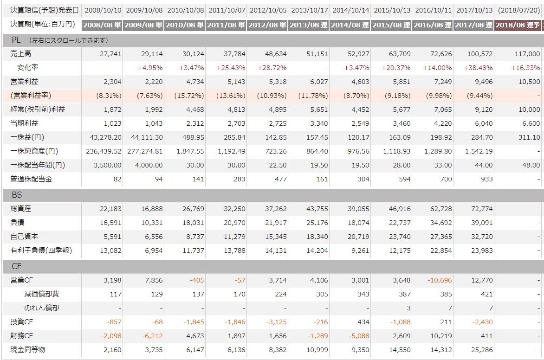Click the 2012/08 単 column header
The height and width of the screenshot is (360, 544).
click(267, 25)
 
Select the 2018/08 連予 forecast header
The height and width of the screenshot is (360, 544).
click(518, 25)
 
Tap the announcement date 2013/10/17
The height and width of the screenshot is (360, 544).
click(310, 10)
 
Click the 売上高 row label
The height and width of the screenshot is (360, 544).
click(21, 54)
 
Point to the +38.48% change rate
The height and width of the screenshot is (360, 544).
click(478, 68)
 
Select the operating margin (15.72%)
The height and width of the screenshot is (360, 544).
click(189, 96)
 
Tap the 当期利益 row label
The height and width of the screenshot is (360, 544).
click(24, 123)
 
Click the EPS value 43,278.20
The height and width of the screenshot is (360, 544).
click(105, 137)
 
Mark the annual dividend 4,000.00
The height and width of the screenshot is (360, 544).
click(149, 165)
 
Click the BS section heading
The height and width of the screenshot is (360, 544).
click(17, 195)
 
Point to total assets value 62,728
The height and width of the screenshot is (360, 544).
click(441, 209)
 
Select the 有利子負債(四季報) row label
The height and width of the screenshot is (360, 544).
click(41, 251)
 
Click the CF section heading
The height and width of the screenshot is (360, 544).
click(17, 266)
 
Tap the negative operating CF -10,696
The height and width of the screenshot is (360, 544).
click(440, 280)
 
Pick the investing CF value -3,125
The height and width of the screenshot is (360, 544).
click(276, 322)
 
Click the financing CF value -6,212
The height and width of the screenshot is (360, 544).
click(152, 336)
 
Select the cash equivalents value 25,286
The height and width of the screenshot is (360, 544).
click(482, 350)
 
